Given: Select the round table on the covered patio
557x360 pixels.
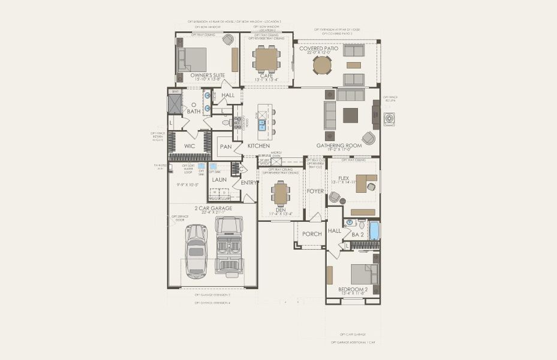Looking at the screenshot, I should click(321, 65).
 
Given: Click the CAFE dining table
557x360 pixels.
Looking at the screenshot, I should click(266, 58).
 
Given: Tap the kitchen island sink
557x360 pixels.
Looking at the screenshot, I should click(262, 125).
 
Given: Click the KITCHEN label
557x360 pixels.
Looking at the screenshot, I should click(258, 146).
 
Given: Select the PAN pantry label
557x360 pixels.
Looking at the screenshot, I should click(225, 146).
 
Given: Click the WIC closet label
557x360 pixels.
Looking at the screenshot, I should click(190, 146).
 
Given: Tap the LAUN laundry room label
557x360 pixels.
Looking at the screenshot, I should click(219, 179).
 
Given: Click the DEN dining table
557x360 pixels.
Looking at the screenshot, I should click(281, 193).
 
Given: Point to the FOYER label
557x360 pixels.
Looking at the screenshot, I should click(315, 191).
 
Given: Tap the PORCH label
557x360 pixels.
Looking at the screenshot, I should click(311, 233).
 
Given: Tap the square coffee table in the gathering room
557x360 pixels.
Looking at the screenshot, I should click(350, 115).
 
